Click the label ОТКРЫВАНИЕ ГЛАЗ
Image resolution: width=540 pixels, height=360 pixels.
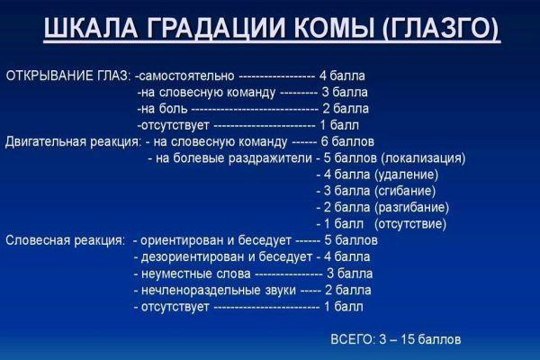point(67,75)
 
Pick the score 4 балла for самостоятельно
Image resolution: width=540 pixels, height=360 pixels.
point(342,75)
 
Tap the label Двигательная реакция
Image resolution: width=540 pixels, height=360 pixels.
point(72,142)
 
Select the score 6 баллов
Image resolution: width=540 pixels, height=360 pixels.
point(346,142)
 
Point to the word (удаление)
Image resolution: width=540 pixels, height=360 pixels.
point(406,175)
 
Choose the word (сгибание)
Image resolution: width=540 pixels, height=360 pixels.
point(405,191)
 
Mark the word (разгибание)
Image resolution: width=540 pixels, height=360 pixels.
point(409,207)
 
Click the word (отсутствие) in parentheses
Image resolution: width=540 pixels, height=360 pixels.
point(409,224)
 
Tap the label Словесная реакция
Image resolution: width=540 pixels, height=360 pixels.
point(65,240)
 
